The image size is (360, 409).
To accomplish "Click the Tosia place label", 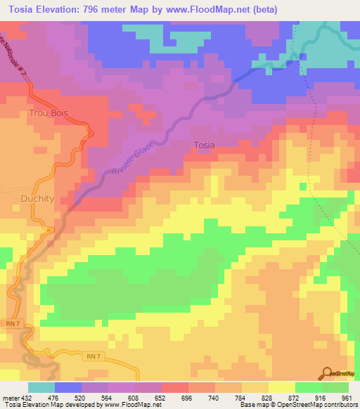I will point(204,145).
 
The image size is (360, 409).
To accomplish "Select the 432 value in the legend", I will point(26,398).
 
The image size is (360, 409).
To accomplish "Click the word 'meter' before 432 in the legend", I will point(10,398).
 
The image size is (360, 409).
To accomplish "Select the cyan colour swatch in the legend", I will point(41,387).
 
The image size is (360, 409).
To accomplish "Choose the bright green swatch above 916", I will point(308,387).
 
